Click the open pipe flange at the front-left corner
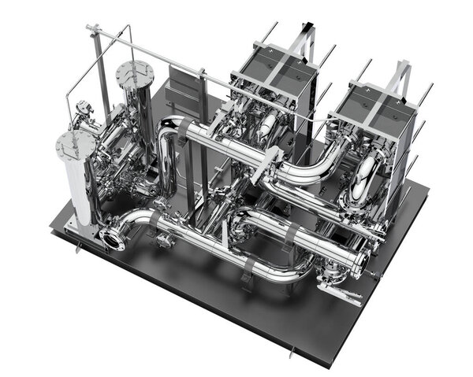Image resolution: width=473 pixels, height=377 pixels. click(112, 238)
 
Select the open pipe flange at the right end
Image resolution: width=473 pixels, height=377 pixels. click(363, 263)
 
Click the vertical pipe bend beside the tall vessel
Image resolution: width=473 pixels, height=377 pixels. click(166, 157)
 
